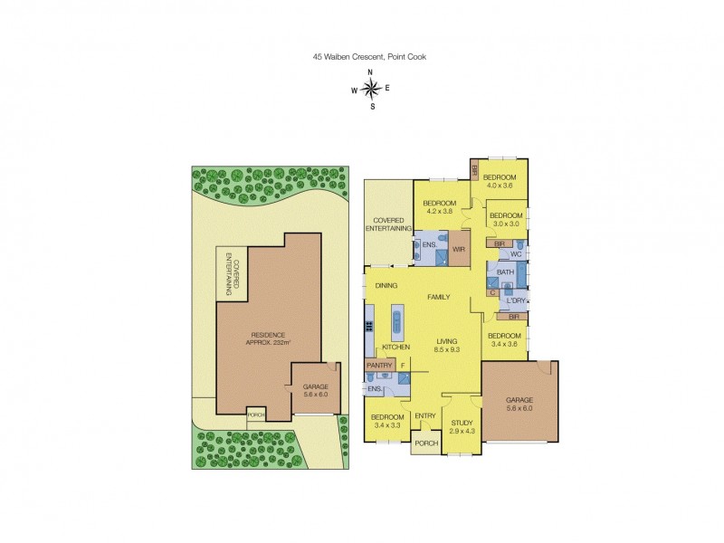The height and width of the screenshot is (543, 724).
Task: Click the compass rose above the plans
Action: point(370,88)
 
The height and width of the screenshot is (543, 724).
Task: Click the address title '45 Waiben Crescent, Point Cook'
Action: point(369,56)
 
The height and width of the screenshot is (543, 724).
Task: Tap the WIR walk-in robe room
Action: point(459,247)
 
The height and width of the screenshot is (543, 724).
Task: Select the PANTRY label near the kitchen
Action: point(378,365)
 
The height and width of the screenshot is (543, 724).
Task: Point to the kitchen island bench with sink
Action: point(395,321)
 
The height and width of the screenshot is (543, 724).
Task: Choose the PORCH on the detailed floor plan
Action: point(426,443)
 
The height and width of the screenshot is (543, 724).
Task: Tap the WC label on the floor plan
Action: point(517,254)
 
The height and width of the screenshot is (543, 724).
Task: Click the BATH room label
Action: point(505,271)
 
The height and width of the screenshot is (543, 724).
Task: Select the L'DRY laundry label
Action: point(517,300)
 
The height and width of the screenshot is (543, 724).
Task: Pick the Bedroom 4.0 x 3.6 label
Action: point(500,181)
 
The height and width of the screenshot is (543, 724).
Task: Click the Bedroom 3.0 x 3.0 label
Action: point(506,219)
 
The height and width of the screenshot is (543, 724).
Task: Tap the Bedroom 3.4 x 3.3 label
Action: point(387,421)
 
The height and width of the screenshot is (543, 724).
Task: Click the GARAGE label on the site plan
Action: point(315,391)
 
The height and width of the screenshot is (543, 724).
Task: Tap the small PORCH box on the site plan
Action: point(257,414)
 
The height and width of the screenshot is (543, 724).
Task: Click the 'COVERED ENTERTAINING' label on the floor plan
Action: point(388,224)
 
